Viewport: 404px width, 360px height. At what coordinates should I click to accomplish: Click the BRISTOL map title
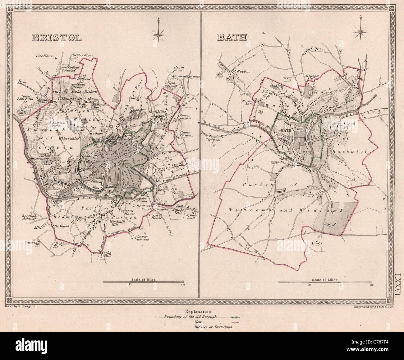(x=57, y=38)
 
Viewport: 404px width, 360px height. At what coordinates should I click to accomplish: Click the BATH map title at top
(x=232, y=37)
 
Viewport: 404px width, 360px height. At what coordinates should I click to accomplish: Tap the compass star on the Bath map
(x=361, y=31)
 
